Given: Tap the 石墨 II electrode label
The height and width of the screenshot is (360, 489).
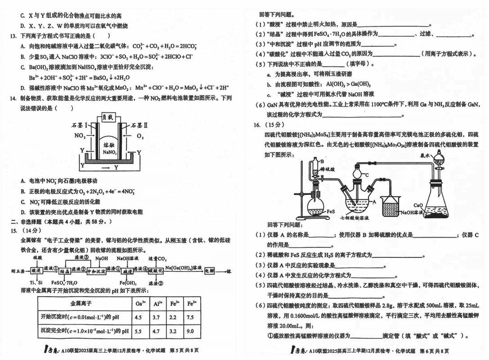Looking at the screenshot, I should (x=134, y=124).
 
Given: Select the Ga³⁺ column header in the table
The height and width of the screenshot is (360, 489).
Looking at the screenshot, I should (x=140, y=304).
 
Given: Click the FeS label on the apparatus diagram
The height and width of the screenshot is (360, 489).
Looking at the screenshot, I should (x=331, y=211).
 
